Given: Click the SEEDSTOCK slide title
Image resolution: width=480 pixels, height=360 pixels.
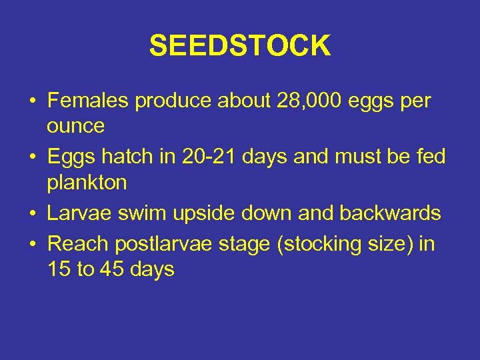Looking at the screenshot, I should coord(239,46).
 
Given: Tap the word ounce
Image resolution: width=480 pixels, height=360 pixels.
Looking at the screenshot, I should coord(76,125).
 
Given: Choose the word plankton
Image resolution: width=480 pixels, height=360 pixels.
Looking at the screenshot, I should coord(87,182).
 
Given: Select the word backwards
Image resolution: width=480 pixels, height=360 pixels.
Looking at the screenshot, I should coord(390,213).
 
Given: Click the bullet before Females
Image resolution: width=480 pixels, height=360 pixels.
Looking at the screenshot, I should coord(31,102).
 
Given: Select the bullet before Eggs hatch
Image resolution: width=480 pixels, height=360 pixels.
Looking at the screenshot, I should coord(31,157).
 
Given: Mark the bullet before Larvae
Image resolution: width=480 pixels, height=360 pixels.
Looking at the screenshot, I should coord(31,213).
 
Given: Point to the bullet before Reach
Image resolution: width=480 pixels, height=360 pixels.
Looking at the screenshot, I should coord(31,245).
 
